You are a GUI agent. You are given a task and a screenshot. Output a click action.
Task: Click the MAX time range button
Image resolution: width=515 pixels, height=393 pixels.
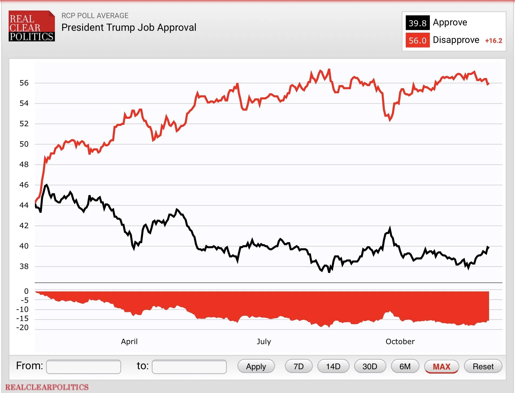coord(441,367)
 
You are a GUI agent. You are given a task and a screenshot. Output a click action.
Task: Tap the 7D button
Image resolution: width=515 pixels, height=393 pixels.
coord(299,367)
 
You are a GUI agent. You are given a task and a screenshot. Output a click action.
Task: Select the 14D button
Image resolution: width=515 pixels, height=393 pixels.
coord(333,367)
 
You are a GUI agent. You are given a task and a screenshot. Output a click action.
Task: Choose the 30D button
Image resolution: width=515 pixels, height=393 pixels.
coord(370,367)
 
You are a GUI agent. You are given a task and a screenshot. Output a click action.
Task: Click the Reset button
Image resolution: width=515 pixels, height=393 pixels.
coord(483,367)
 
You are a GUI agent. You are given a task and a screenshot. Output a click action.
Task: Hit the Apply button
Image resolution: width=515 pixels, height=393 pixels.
coord(256,367)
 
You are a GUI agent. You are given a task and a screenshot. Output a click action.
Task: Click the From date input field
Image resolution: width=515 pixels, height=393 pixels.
coord(84,367)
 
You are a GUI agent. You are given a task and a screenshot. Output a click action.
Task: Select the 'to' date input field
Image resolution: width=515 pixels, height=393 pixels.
coord(189,367)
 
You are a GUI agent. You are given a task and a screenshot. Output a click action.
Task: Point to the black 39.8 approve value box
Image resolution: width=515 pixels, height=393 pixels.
coord(417,23)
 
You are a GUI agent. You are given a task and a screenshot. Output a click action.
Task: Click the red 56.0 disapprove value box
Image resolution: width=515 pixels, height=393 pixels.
coord(417,40)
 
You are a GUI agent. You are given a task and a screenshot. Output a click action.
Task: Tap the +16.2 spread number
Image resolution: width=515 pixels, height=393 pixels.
coord(493,41)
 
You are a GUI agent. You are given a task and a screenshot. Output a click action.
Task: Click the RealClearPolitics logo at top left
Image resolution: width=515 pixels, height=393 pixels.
coord(32,26)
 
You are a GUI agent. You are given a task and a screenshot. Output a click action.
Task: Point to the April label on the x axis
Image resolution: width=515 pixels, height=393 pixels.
coord(129,342)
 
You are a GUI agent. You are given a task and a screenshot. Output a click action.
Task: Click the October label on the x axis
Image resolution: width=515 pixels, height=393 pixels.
coord(400,342)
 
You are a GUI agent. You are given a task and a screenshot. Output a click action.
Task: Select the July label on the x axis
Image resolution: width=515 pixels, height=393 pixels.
coord(264,342)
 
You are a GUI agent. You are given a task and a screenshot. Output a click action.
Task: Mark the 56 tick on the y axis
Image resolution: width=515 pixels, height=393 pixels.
coord(24,83)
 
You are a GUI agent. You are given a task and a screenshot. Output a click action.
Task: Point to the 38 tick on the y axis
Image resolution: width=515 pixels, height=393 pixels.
coord(24,267)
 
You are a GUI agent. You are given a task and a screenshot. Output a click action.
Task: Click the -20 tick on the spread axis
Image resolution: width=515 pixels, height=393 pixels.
coord(22,328)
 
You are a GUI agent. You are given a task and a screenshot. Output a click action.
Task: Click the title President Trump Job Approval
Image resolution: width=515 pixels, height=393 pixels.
coord(129,28)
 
